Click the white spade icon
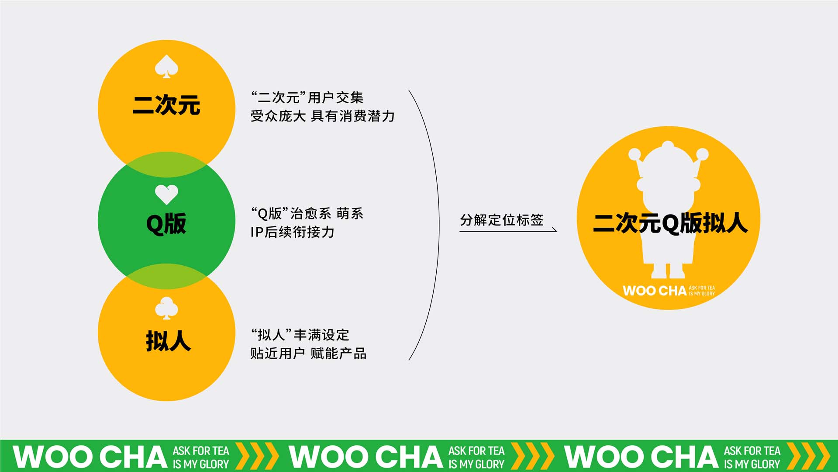point(166,66)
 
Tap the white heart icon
point(166,194)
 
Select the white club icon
point(166,308)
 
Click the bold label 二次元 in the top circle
point(166,105)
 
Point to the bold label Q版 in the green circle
point(166,223)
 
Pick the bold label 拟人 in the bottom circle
point(168,341)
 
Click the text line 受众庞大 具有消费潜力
point(323,116)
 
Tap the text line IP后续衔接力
point(293,232)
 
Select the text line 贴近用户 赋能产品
point(308,353)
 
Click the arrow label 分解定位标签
point(502,220)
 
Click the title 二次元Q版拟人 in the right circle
point(670,223)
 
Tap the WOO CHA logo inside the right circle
point(669,291)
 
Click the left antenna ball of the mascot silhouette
point(635,154)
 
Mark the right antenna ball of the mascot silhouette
point(702,154)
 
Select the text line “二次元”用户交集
point(307,97)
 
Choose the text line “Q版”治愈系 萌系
point(307,214)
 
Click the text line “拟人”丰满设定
point(300,335)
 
